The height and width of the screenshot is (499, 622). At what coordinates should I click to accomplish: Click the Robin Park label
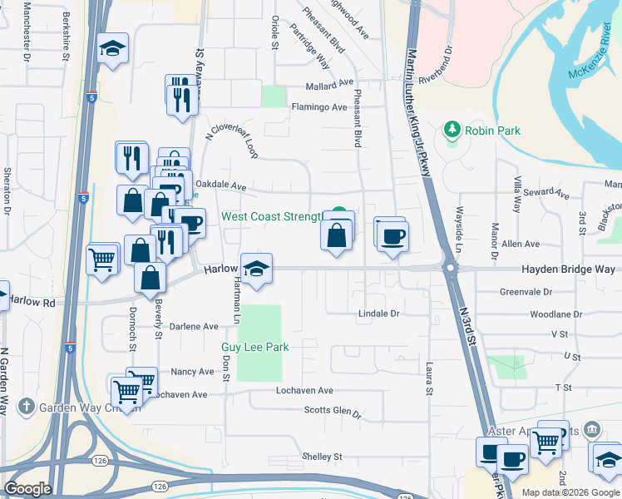point(493,131)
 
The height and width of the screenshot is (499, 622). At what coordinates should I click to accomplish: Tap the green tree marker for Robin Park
point(452,129)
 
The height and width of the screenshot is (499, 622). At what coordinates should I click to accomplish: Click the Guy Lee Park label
point(254,347)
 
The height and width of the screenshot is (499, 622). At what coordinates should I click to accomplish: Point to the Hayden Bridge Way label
point(568,269)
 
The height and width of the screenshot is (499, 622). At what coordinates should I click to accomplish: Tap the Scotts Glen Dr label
point(333,411)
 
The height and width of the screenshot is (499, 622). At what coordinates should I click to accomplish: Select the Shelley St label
point(322,457)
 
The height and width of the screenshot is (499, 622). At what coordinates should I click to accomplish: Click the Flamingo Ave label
point(318,107)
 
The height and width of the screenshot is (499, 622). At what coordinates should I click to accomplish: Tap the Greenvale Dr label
point(526,293)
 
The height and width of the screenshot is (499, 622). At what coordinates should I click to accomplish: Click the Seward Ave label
point(552,194)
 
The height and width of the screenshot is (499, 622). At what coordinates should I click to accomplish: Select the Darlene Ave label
point(193,327)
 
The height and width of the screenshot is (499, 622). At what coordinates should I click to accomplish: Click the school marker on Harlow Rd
point(257,269)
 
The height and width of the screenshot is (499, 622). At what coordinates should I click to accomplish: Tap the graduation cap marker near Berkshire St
point(111,50)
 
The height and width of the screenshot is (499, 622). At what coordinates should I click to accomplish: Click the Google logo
point(27,488)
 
